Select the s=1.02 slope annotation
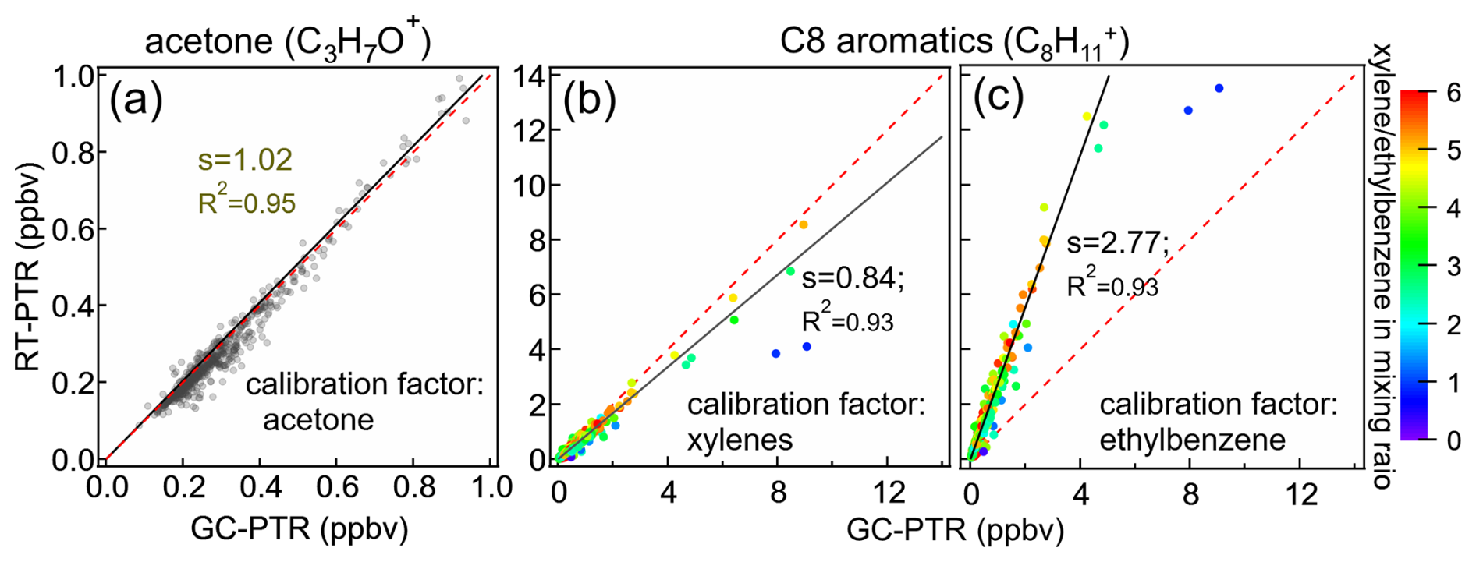pyautogui.click(x=245, y=160)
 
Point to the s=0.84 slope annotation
pyautogui.click(x=853, y=277)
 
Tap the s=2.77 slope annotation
pyautogui.click(x=1117, y=243)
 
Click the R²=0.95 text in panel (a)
pyautogui.click(x=247, y=203)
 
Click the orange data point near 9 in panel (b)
pyautogui.click(x=804, y=224)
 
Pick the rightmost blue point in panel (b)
pyautogui.click(x=807, y=346)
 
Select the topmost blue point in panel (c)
pyautogui.click(x=1219, y=88)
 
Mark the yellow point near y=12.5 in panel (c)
pyautogui.click(x=1087, y=117)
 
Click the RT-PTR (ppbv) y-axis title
pyautogui.click(x=29, y=266)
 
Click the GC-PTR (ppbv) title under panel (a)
pyautogui.click(x=300, y=530)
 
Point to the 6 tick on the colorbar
pyautogui.click(x=1453, y=93)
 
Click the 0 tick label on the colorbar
pyautogui.click(x=1453, y=440)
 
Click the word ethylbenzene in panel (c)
pyautogui.click(x=1192, y=440)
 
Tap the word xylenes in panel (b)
pyautogui.click(x=740, y=440)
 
